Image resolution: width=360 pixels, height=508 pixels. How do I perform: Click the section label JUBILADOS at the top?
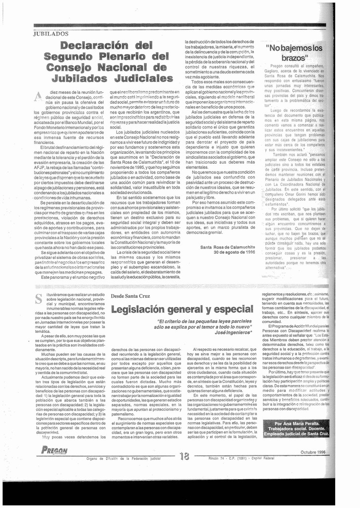(x=51, y=34)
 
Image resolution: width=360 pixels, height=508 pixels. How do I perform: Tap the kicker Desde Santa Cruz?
(x=130, y=296)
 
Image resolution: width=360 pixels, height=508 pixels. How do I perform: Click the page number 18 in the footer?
(x=184, y=457)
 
